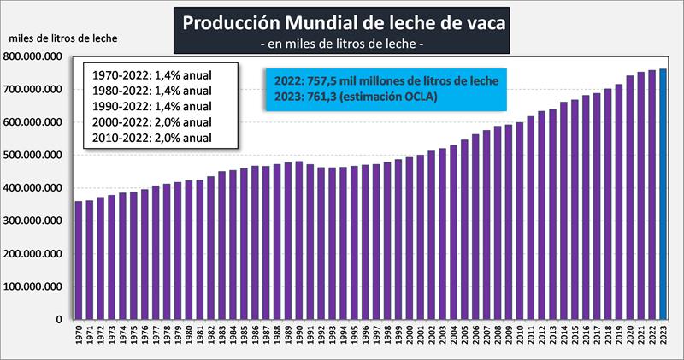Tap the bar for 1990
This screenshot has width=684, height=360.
click(x=299, y=240)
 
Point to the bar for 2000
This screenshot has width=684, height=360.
click(x=410, y=239)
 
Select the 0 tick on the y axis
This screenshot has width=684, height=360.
click(x=59, y=320)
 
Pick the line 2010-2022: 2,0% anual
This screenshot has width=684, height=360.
click(x=150, y=138)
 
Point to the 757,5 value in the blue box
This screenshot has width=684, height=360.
click(x=332, y=80)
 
